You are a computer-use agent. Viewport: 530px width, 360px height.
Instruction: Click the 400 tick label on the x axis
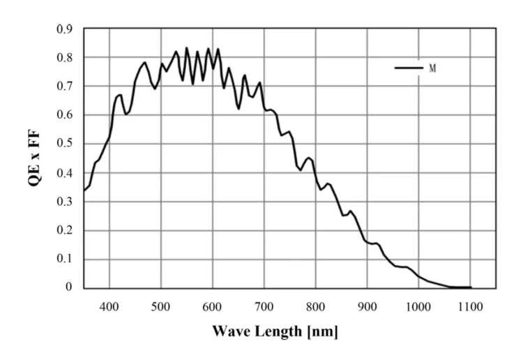109,306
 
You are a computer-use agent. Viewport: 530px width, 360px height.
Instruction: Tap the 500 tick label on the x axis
161,306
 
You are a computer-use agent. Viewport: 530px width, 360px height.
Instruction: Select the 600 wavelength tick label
213,306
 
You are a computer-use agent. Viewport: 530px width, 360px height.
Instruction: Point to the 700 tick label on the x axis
264,306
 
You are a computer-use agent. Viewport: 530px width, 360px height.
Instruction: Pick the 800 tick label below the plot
316,306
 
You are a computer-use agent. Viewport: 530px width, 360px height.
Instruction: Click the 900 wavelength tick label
368,306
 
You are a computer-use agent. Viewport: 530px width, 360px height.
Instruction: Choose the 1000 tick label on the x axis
418,306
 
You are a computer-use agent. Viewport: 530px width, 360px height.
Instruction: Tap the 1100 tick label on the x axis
470,306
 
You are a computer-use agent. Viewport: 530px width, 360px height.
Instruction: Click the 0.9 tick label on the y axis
64,29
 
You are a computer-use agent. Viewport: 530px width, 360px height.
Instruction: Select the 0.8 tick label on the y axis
64,58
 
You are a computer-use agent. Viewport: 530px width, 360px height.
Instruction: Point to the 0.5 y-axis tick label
64,144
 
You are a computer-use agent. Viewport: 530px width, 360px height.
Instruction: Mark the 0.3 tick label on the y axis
64,202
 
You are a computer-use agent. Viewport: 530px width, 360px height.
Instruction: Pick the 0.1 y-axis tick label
64,260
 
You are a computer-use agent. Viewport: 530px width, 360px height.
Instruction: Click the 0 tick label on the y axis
69,287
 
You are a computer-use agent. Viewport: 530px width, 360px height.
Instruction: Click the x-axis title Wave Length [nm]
275,331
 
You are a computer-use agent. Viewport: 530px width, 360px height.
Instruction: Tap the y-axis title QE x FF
33,158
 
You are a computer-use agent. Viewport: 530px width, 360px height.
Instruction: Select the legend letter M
432,68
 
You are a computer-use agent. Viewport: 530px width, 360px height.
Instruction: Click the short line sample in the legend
409,68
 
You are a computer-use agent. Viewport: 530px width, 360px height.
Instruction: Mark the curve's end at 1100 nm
471,287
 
